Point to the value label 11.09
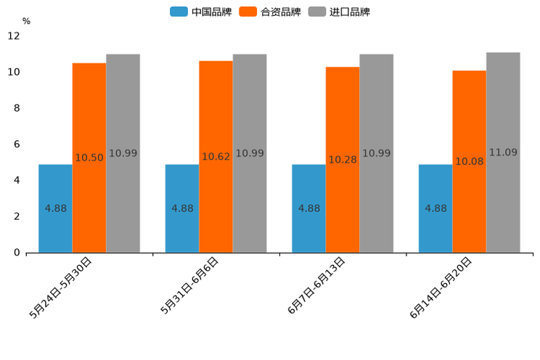[x=503, y=152]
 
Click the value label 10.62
[x=216, y=157]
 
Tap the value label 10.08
[x=469, y=162]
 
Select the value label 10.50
[x=89, y=158]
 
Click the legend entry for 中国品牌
[x=201, y=12]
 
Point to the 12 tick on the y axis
[x=14, y=36]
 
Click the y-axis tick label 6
[x=17, y=144]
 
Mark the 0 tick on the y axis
[x=17, y=253]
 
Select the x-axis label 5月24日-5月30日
[x=61, y=287]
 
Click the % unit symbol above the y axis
[x=26, y=21]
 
